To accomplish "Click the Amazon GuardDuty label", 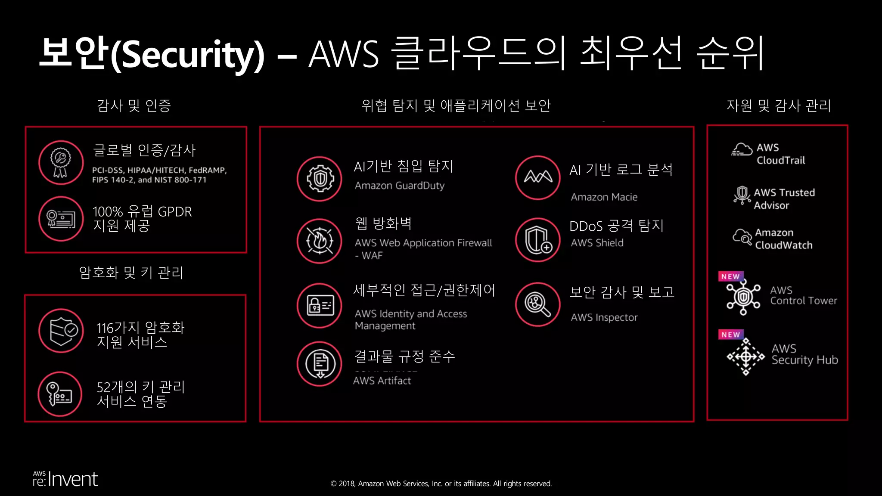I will tap(399, 186).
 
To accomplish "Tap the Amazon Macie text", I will tap(604, 197).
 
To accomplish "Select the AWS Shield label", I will tap(597, 243).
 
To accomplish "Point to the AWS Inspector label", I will tap(604, 317).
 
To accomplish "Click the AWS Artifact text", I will tap(382, 381).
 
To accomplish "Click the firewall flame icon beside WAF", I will tap(319, 241).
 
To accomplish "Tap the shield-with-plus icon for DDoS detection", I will tap(538, 240).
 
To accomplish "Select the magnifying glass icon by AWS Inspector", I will tap(537, 304).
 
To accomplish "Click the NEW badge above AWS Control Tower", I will tap(730, 276).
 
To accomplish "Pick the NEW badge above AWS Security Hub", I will tap(730, 335).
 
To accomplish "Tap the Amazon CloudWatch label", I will tap(783, 239).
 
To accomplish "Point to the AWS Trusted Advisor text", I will tap(784, 199).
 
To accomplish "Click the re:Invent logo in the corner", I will tap(65, 479).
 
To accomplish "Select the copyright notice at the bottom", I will tap(441, 484).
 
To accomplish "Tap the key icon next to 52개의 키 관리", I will tap(60, 394).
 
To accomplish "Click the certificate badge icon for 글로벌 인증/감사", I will tap(61, 162).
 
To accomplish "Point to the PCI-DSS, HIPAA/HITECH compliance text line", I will tap(159, 170).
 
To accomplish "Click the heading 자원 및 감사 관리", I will tap(778, 105).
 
